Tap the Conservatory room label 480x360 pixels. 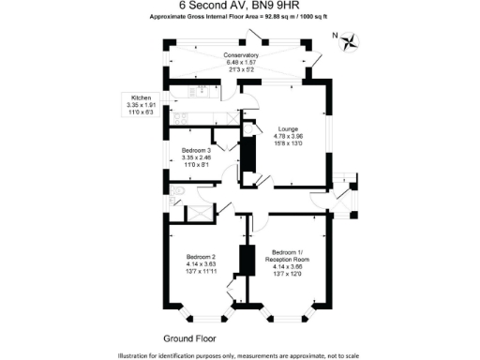point(241,55)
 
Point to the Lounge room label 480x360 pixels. point(288,129)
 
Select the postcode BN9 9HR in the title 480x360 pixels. point(278,6)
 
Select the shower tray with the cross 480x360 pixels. point(200,214)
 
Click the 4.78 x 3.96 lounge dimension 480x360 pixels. point(288,137)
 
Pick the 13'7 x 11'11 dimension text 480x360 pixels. point(201,272)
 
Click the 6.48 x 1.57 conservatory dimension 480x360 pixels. point(241,63)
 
